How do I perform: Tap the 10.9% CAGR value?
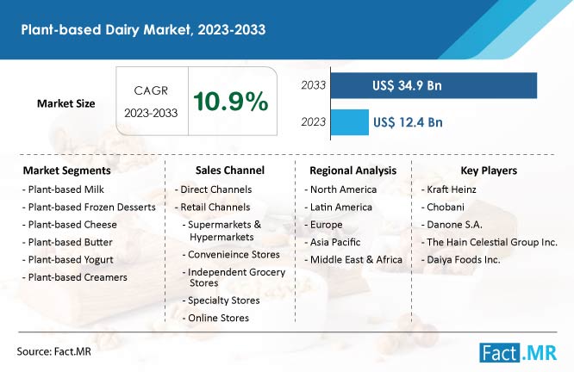point(230,102)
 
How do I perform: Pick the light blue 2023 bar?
point(348,122)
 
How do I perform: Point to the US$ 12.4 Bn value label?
point(408,122)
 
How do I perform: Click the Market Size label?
point(66,103)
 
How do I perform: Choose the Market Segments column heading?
point(66,170)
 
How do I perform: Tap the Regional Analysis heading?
point(352,170)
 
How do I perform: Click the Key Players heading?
point(488,170)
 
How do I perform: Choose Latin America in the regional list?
point(340,207)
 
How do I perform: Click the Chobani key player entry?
point(446,207)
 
